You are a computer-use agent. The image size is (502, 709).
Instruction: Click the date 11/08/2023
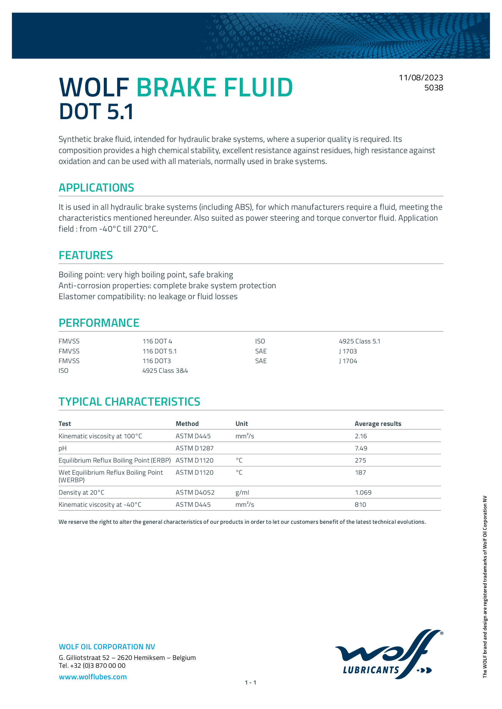[421, 78]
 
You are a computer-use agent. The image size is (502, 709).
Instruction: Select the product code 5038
[433, 88]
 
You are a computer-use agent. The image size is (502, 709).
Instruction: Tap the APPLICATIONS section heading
[96, 188]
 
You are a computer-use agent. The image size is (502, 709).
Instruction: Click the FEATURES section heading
[86, 255]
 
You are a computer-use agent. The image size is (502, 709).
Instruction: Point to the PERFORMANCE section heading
[99, 323]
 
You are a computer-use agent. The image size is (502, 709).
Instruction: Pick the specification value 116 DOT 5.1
[160, 351]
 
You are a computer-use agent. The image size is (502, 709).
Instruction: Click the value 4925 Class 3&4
[165, 370]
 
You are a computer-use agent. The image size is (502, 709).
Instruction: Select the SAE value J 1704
[348, 361]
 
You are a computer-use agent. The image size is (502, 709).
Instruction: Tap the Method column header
[187, 424]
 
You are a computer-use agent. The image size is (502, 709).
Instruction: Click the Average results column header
[378, 424]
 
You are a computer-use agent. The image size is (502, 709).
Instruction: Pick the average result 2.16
[361, 436]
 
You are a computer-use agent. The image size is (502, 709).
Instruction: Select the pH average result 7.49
[361, 448]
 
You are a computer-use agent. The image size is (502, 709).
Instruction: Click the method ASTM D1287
[195, 448]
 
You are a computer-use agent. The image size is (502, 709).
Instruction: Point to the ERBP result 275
[361, 460]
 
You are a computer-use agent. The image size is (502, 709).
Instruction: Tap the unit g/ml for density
[242, 493]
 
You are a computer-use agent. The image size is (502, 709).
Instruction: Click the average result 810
[361, 505]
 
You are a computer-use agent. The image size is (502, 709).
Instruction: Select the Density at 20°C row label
[81, 493]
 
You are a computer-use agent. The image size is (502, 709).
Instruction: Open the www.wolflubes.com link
[93, 677]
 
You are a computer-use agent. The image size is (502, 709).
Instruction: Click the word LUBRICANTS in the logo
[371, 670]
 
